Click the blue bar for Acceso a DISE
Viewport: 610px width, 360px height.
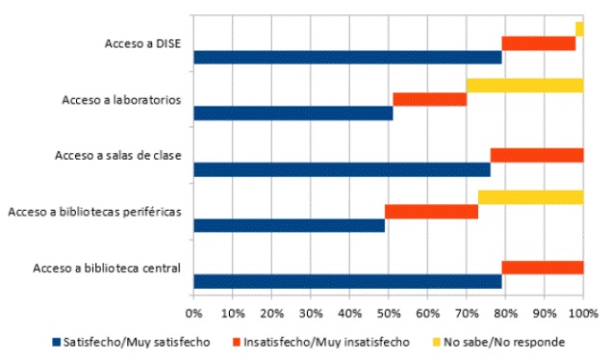point(346,58)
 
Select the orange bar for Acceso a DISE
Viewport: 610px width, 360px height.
point(538,43)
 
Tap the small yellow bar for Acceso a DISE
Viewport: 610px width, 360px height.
point(579,29)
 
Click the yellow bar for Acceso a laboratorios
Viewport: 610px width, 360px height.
point(524,86)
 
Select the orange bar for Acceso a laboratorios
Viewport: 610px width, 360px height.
point(429,99)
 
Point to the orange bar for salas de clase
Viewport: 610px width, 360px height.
point(536,155)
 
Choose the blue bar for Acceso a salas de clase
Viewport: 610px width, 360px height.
point(342,169)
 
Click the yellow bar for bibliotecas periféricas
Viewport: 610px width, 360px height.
point(530,197)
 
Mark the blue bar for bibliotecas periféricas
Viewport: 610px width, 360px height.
point(289,226)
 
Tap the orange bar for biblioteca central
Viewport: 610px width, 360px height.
point(542,268)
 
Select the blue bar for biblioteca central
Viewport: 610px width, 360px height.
point(346,282)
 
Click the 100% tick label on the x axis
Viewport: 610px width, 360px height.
point(583,314)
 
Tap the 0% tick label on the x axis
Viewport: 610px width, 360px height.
point(193,314)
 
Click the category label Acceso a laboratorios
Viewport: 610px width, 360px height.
point(120,100)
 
